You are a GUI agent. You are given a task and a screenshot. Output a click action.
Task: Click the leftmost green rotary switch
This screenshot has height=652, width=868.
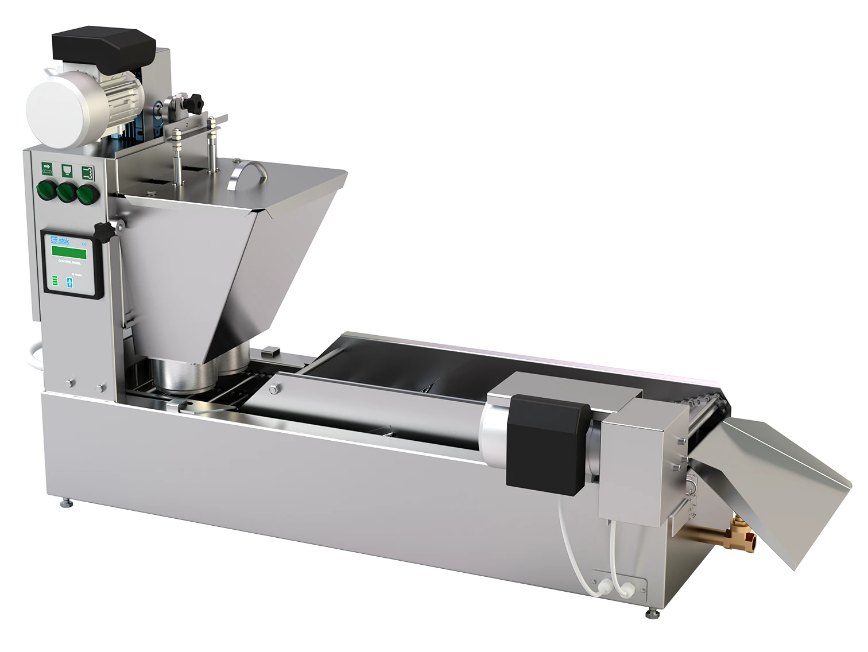tap(46, 189)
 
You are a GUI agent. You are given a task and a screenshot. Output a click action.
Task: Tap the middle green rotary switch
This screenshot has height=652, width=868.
tap(65, 193)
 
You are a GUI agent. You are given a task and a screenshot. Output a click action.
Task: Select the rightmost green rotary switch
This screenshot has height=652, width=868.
tap(86, 195)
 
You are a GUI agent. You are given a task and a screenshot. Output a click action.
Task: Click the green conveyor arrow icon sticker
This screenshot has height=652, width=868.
tap(46, 168)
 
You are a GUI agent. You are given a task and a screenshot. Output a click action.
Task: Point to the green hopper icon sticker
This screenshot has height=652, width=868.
tap(65, 170)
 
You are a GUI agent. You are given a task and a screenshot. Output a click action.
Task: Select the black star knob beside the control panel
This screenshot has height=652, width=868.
tap(104, 229)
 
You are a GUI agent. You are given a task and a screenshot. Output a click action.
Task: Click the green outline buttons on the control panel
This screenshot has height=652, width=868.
tap(55, 281)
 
